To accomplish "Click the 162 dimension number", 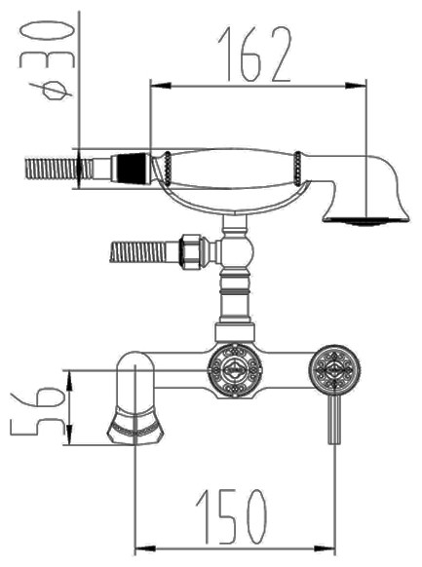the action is pos(254,55).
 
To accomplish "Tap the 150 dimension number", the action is pos(231,516).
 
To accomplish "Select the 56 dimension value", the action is pos(38,410).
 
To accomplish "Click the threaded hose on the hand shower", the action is pos(58,170).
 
